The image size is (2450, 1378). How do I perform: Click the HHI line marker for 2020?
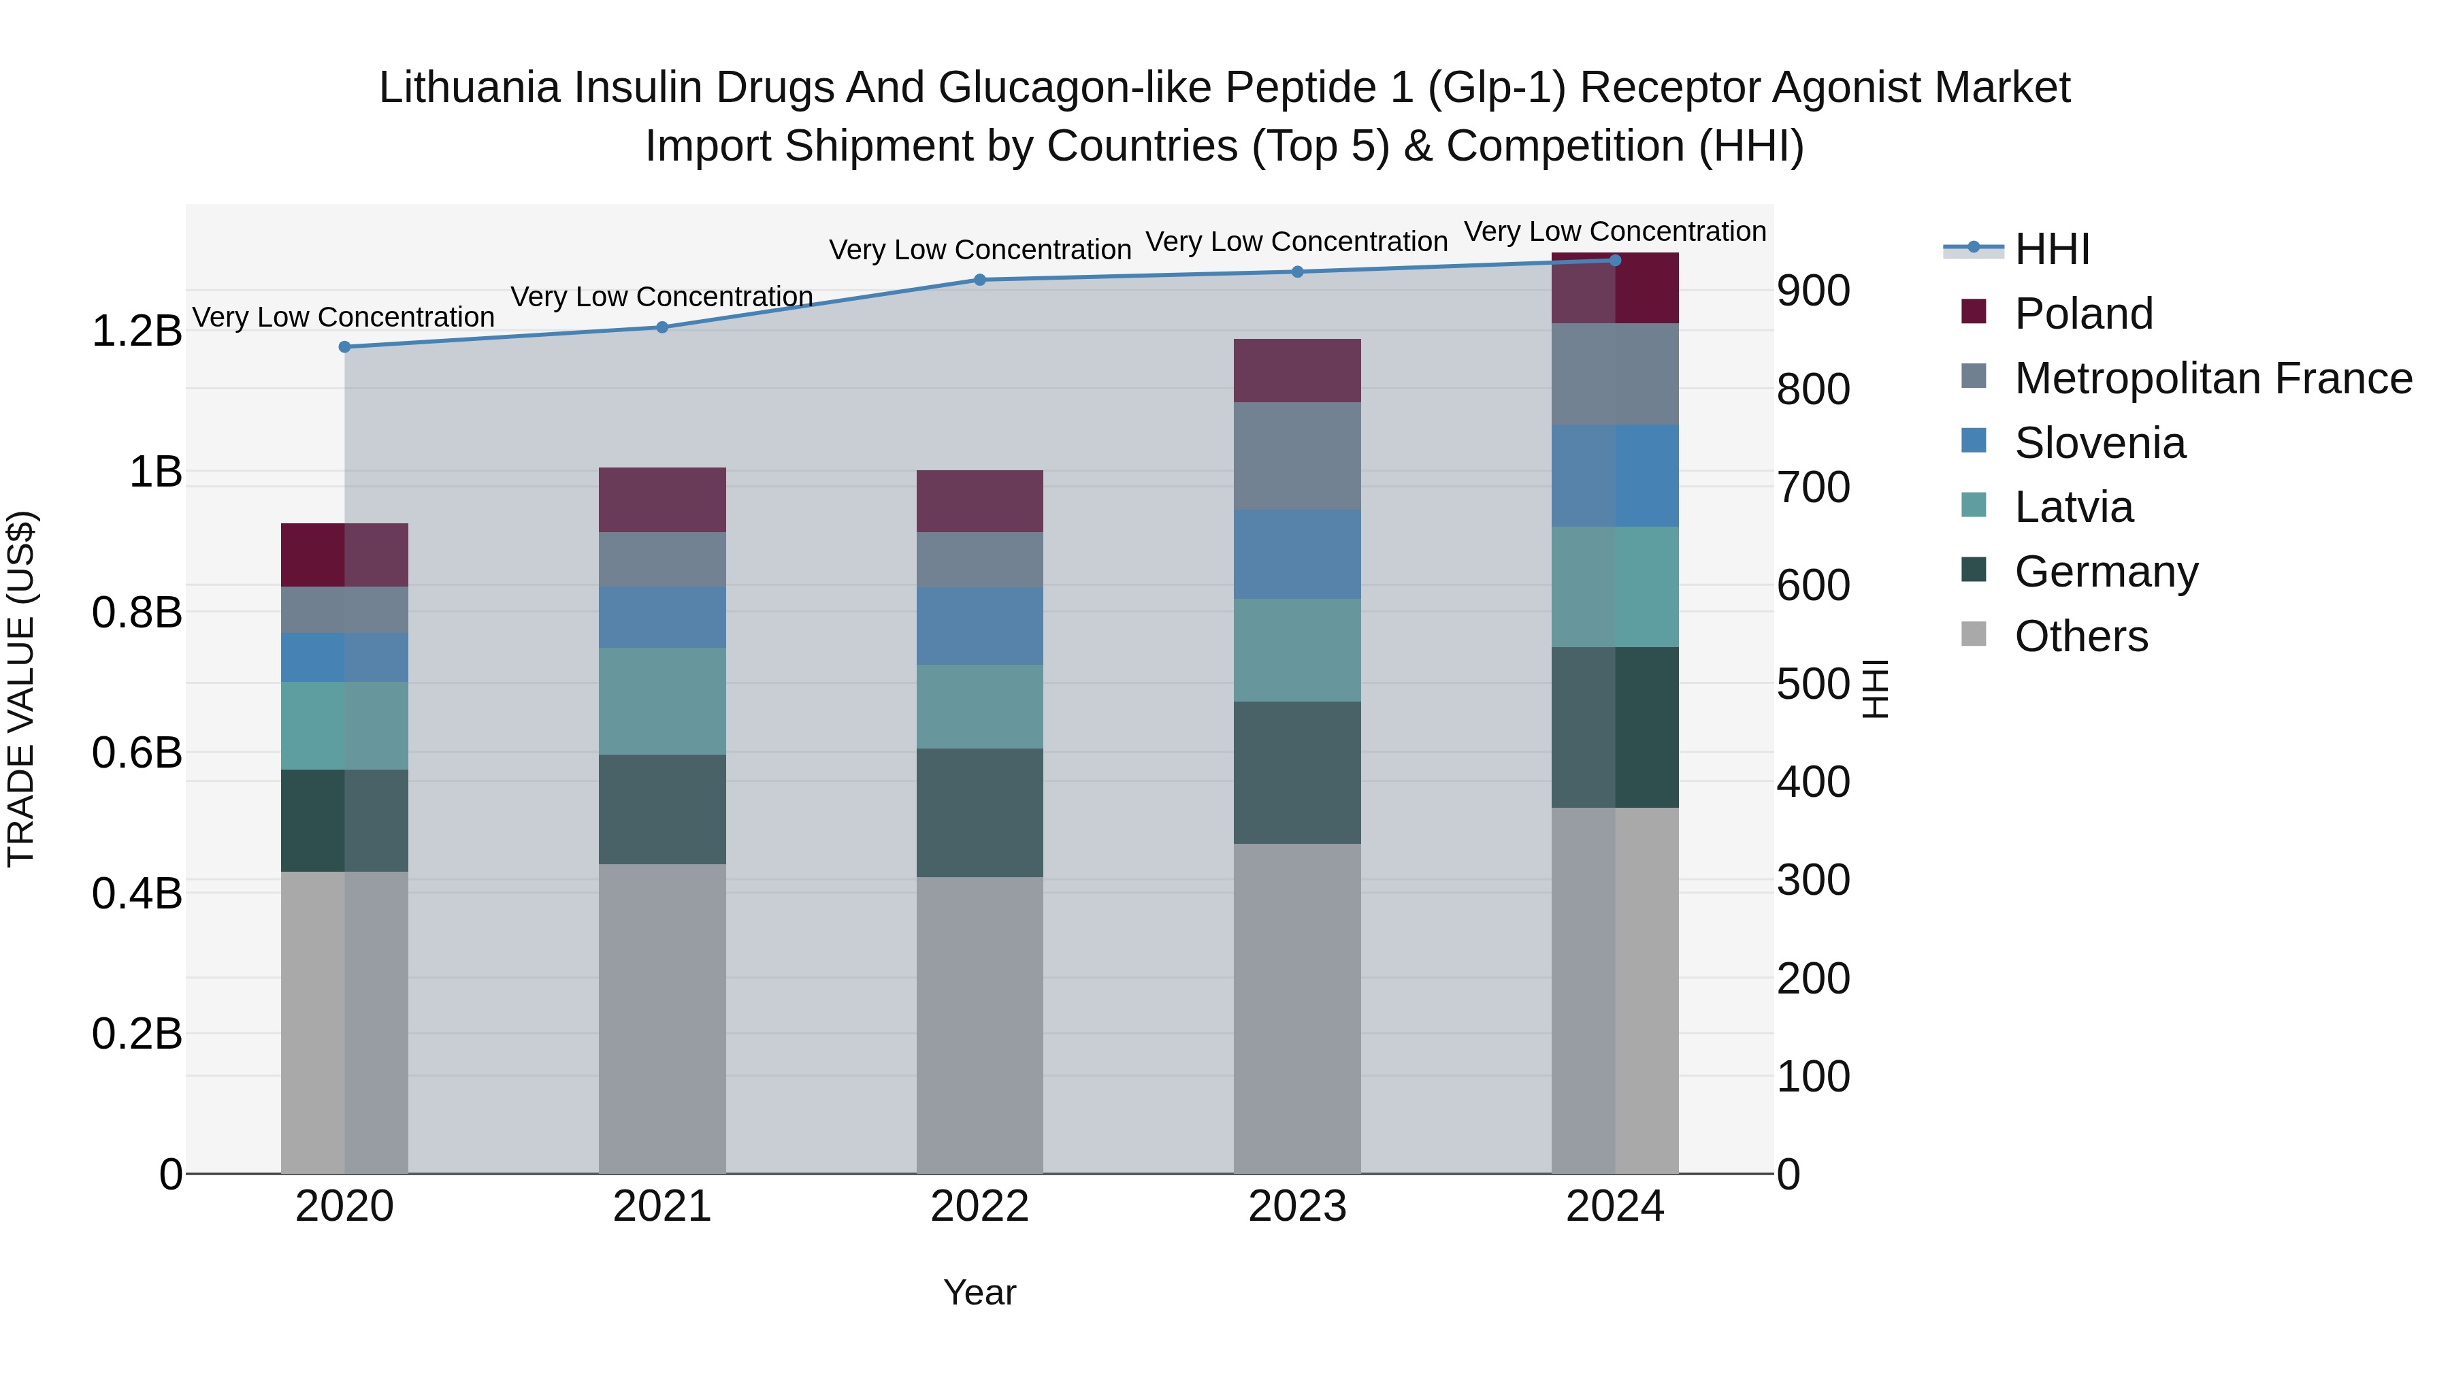[x=344, y=347]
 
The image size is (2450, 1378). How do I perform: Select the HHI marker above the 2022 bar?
[x=979, y=280]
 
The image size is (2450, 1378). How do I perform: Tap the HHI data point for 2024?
[x=1614, y=261]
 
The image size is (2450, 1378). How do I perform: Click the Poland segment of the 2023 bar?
[x=1296, y=371]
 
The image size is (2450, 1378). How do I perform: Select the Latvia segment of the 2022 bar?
[x=979, y=706]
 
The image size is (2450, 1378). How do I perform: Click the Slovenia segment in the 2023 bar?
[x=1296, y=555]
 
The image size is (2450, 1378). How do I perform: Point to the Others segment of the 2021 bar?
[x=662, y=1017]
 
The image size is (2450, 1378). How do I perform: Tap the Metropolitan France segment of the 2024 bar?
[x=1614, y=374]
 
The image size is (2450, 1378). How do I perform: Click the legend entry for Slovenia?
[x=2099, y=443]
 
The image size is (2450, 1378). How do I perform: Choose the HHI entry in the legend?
[x=2051, y=249]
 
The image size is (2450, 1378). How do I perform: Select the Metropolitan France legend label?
[x=2213, y=378]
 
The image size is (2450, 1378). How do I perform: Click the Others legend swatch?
[x=1974, y=634]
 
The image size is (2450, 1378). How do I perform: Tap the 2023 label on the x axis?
[x=1296, y=1207]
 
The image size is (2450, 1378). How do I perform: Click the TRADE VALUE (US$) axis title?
[x=21, y=689]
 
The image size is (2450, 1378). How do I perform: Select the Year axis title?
[x=979, y=1292]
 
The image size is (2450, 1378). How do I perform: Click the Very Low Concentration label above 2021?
[x=662, y=297]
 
